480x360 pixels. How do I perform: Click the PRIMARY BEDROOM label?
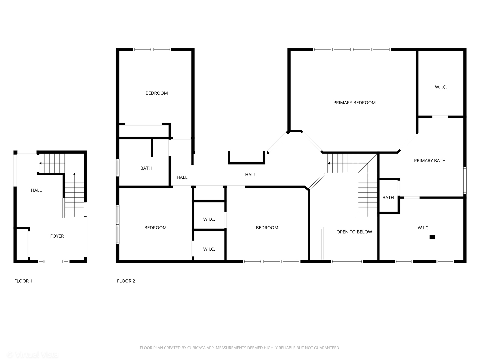[354, 103]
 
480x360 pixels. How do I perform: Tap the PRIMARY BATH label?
[429, 161]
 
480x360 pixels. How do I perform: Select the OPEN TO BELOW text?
[354, 232]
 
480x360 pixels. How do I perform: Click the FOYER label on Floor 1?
[57, 236]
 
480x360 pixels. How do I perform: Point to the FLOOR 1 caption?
[23, 281]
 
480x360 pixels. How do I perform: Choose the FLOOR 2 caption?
[126, 281]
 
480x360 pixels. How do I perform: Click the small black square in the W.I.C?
[432, 237]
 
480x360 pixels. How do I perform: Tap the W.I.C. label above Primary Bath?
[440, 87]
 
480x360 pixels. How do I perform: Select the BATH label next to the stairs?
[388, 198]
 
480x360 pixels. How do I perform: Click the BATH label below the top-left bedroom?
[146, 168]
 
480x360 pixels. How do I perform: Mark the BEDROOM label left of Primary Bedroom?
[157, 93]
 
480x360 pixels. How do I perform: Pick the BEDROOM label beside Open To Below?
[267, 228]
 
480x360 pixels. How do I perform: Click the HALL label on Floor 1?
[36, 190]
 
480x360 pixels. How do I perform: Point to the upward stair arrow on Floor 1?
[74, 174]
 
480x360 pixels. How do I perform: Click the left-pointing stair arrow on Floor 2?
[329, 163]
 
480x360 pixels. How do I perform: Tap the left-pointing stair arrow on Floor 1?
[40, 163]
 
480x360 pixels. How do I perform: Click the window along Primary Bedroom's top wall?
[352, 49]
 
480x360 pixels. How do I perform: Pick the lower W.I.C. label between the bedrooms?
[209, 249]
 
